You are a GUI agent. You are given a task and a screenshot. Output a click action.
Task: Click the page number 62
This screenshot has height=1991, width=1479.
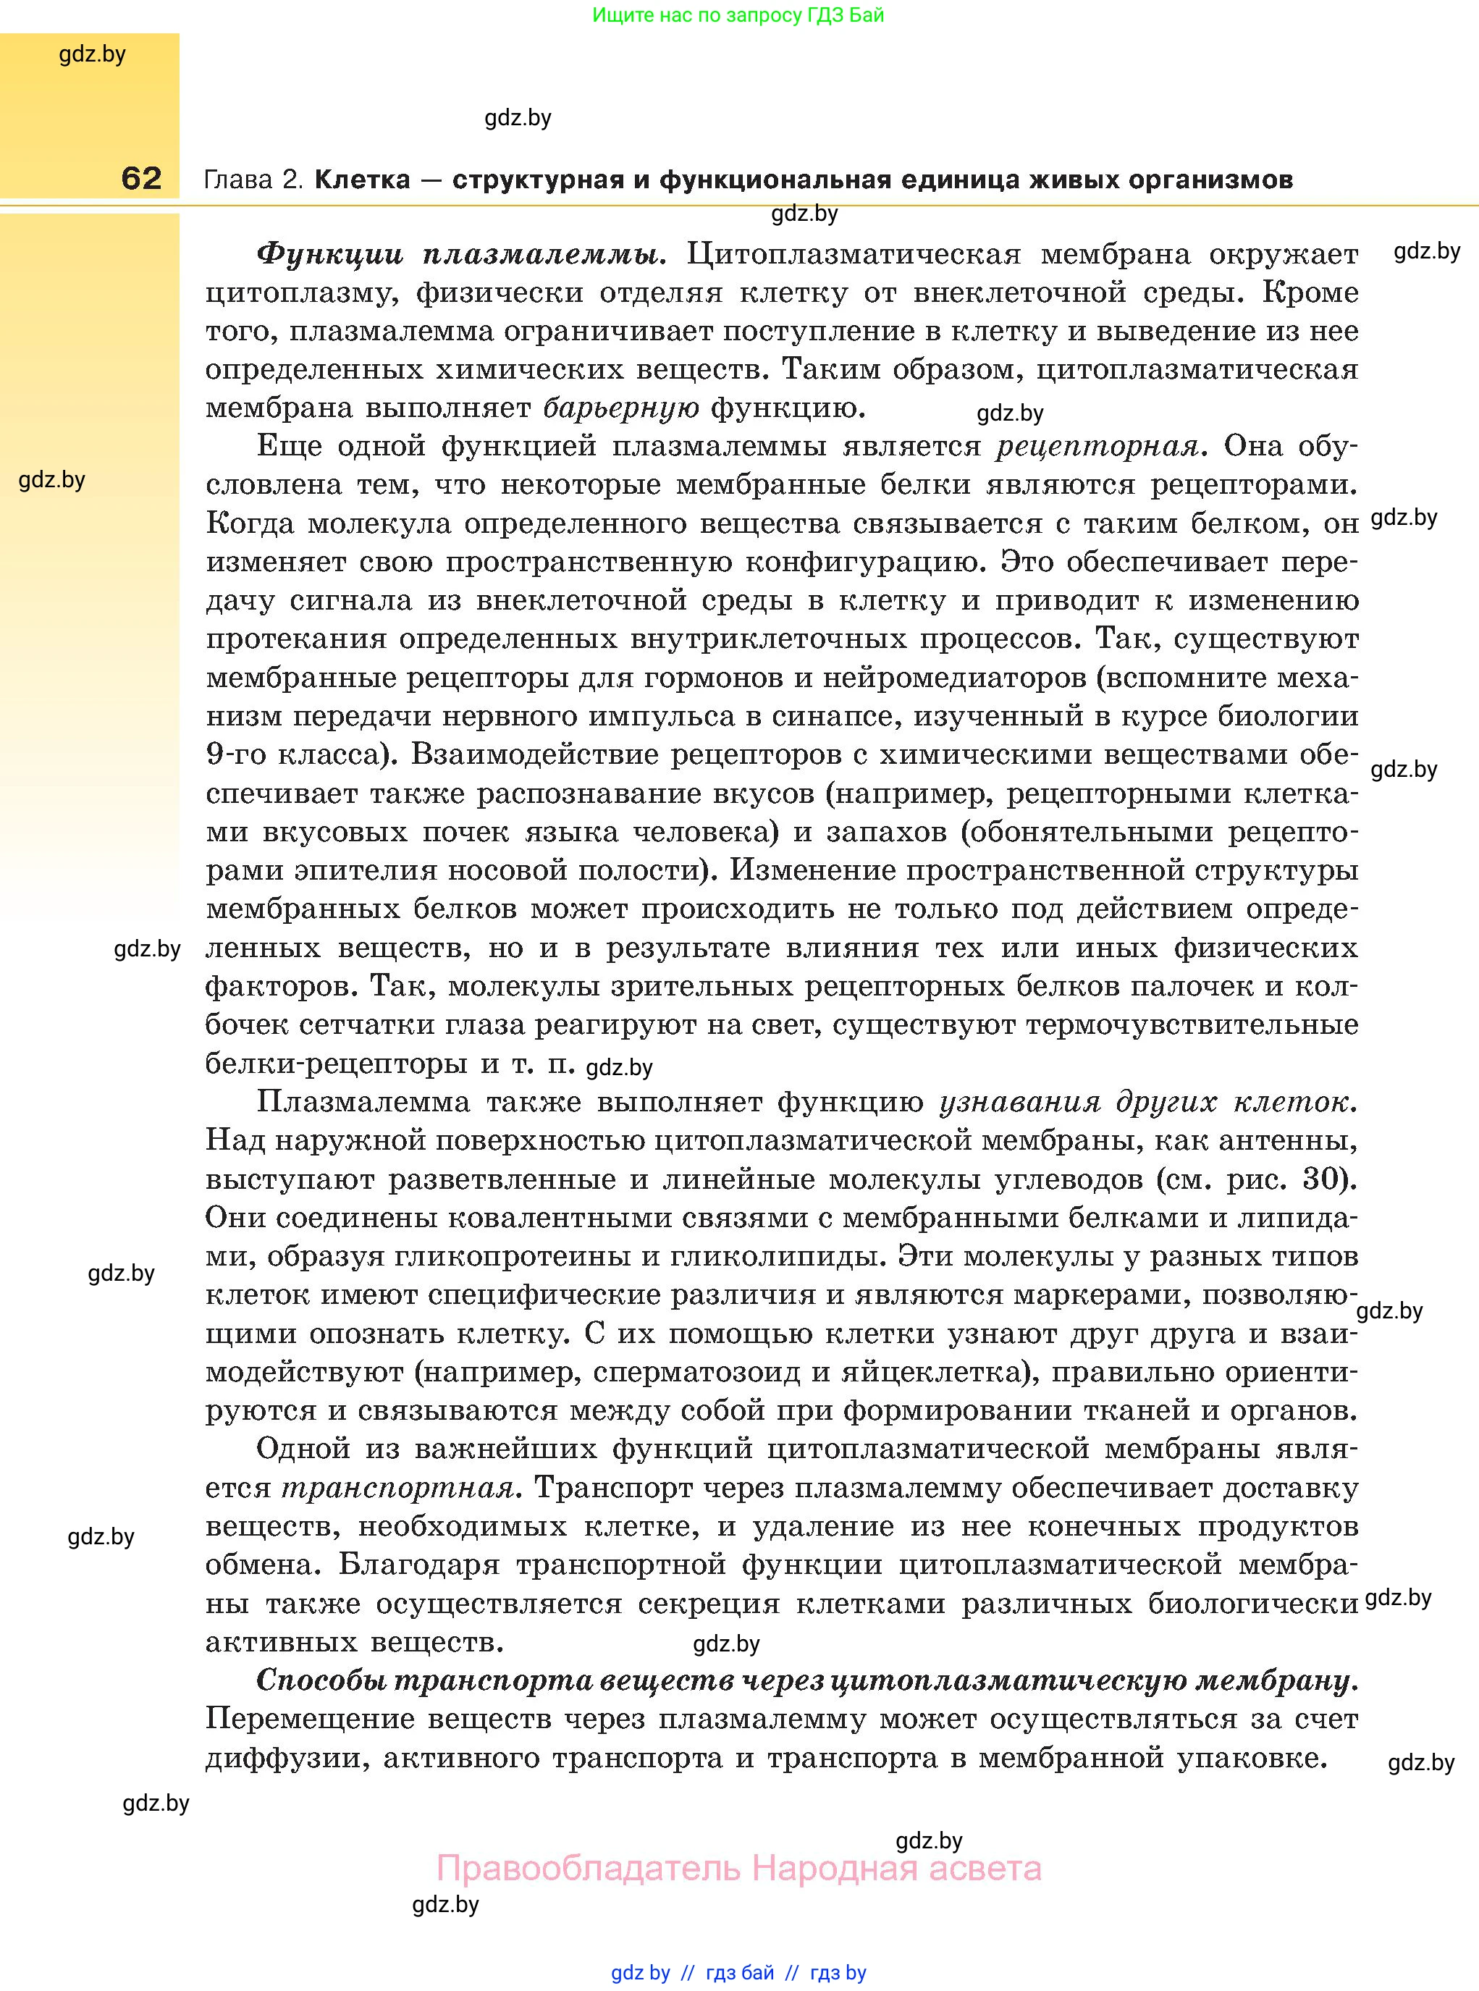pos(141,178)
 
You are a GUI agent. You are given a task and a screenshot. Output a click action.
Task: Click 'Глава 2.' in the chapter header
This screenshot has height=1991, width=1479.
pos(255,180)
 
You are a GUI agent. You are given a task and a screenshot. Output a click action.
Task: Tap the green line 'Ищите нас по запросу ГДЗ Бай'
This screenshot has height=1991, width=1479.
pos(738,15)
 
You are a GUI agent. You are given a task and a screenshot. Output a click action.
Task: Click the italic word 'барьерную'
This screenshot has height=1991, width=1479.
pos(621,408)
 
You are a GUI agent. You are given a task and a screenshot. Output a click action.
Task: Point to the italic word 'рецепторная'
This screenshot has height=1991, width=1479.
pos(1097,446)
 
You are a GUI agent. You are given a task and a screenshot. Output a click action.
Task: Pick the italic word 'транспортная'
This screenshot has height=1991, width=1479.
pos(397,1488)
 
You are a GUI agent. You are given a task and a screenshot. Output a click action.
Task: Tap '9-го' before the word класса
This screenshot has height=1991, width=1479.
pos(235,754)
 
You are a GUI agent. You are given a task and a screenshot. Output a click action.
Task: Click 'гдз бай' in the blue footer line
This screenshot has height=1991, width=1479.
pos(740,1972)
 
